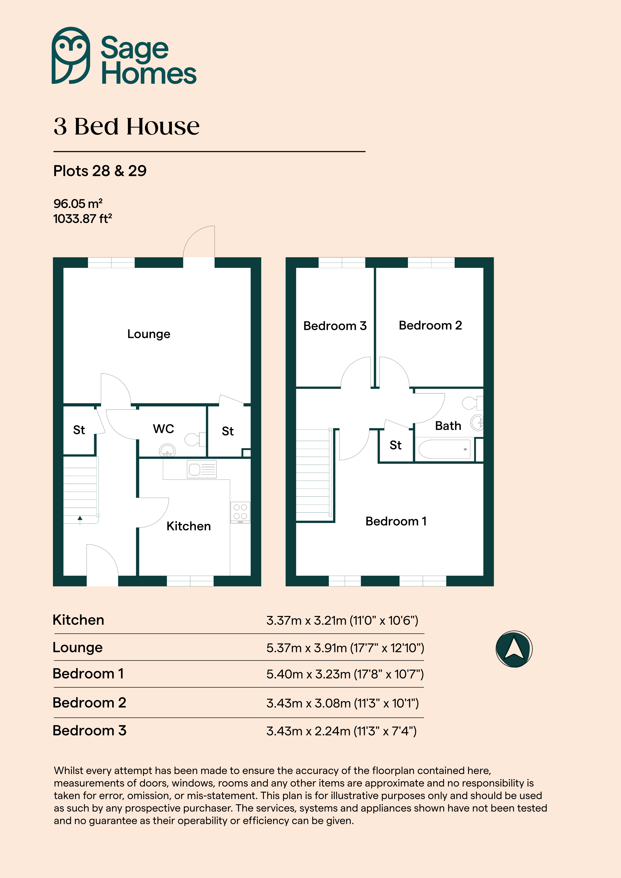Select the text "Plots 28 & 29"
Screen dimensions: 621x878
pos(100,171)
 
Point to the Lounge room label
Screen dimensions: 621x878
pos(149,334)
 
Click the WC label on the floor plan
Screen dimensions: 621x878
pos(163,429)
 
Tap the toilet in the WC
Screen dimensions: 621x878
pos(195,440)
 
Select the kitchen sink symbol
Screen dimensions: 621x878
pos(202,469)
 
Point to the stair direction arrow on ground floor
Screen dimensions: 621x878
pos(80,520)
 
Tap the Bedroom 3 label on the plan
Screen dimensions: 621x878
pos(335,326)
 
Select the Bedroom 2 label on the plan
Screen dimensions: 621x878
pos(430,325)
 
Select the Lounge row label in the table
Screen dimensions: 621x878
pos(78,647)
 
